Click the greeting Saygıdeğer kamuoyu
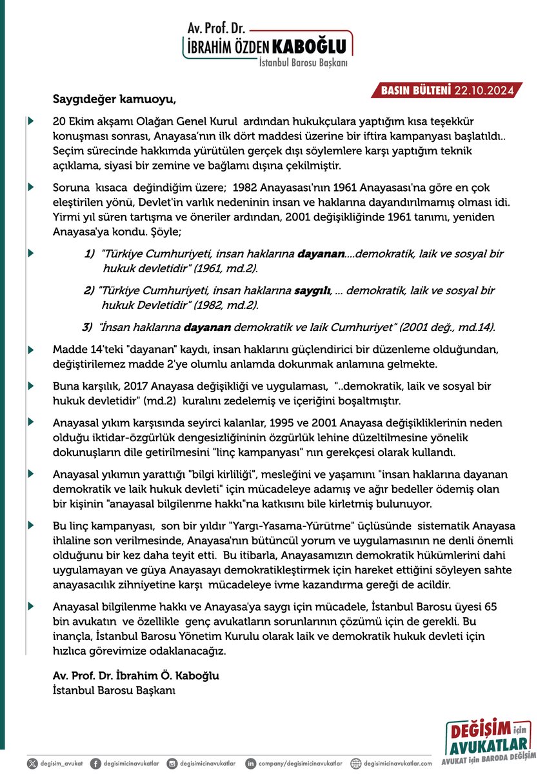(x=114, y=100)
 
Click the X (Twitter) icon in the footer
(x=32, y=764)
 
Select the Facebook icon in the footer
(x=95, y=764)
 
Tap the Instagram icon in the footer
(x=171, y=764)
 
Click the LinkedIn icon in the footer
(x=250, y=764)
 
